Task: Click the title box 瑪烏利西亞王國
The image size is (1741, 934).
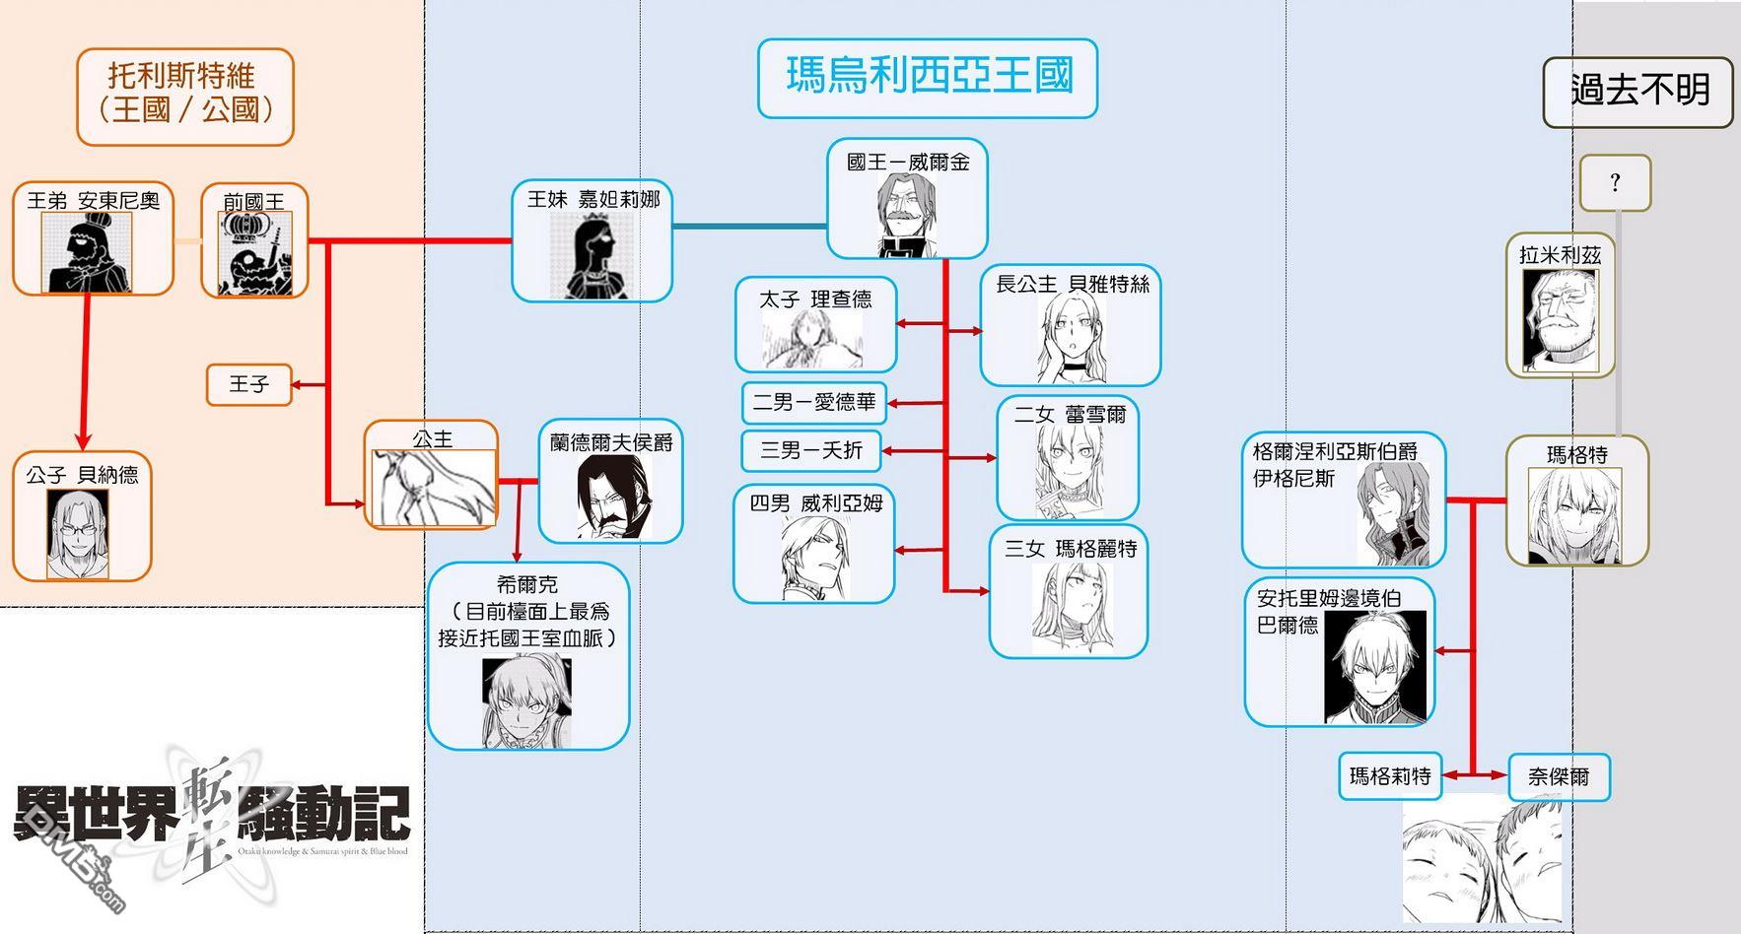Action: tap(927, 78)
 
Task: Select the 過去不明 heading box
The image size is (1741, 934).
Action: tap(1637, 92)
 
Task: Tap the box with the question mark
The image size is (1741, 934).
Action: tap(1615, 182)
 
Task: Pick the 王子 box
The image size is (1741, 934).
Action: tap(249, 384)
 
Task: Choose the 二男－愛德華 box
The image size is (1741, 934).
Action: tap(814, 402)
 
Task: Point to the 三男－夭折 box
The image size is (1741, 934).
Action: tap(811, 450)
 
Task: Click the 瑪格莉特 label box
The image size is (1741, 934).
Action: tap(1390, 776)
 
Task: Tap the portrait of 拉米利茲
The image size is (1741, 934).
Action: tap(1560, 320)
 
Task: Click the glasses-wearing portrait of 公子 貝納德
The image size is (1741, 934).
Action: tap(78, 534)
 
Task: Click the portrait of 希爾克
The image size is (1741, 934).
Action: tap(526, 703)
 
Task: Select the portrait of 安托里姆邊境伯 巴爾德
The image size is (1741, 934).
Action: tap(1374, 666)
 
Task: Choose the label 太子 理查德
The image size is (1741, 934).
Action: tap(815, 300)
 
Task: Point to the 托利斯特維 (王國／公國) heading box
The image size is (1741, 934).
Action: tap(185, 97)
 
